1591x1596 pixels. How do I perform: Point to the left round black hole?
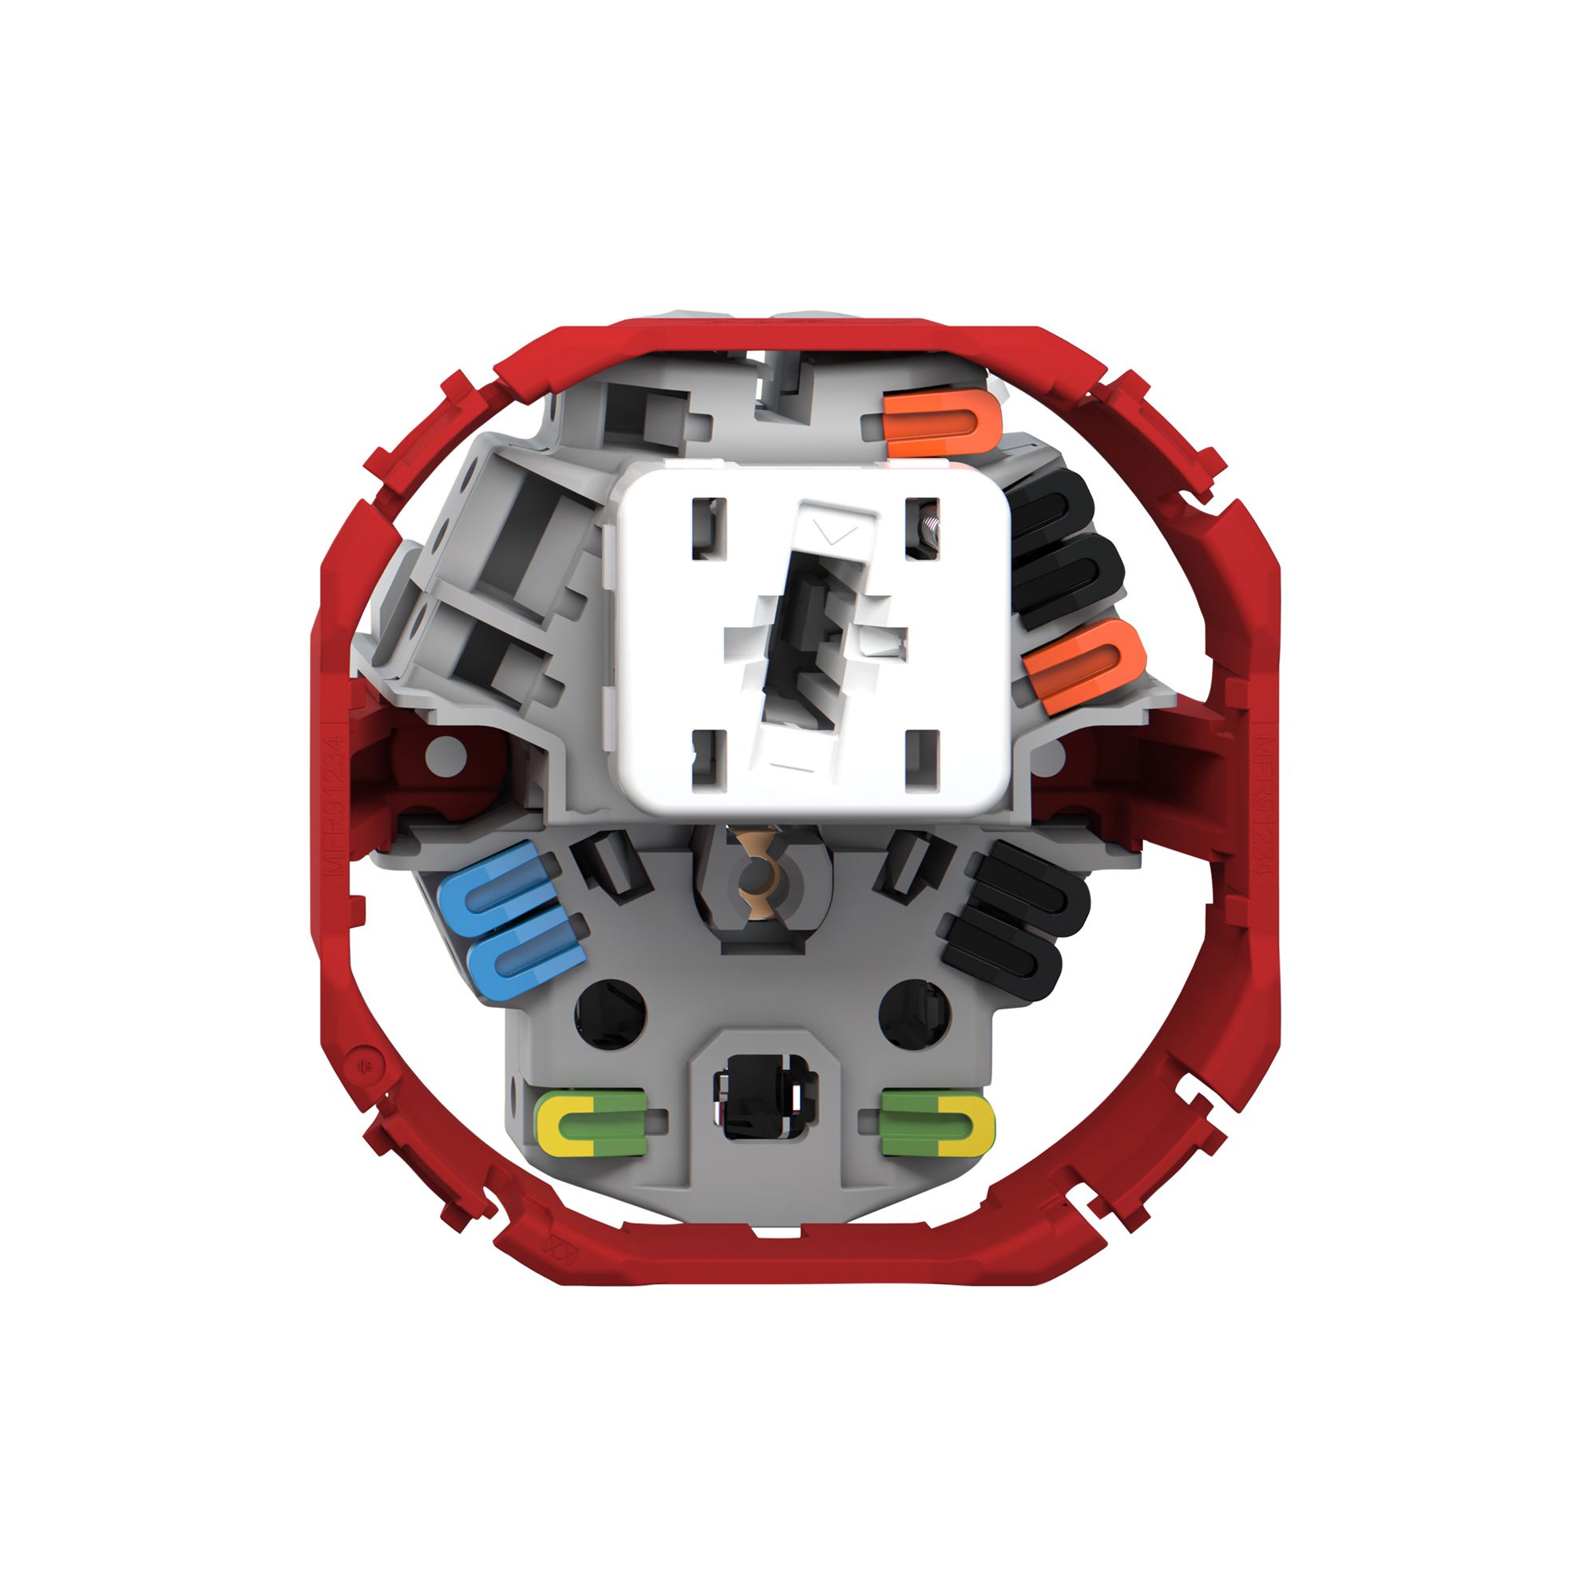(x=610, y=1013)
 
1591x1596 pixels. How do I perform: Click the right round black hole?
(x=914, y=1013)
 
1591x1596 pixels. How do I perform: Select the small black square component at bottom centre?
(x=765, y=1098)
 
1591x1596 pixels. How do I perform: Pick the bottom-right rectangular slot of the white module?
(x=922, y=759)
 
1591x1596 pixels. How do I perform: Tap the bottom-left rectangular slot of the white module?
(x=708, y=760)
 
